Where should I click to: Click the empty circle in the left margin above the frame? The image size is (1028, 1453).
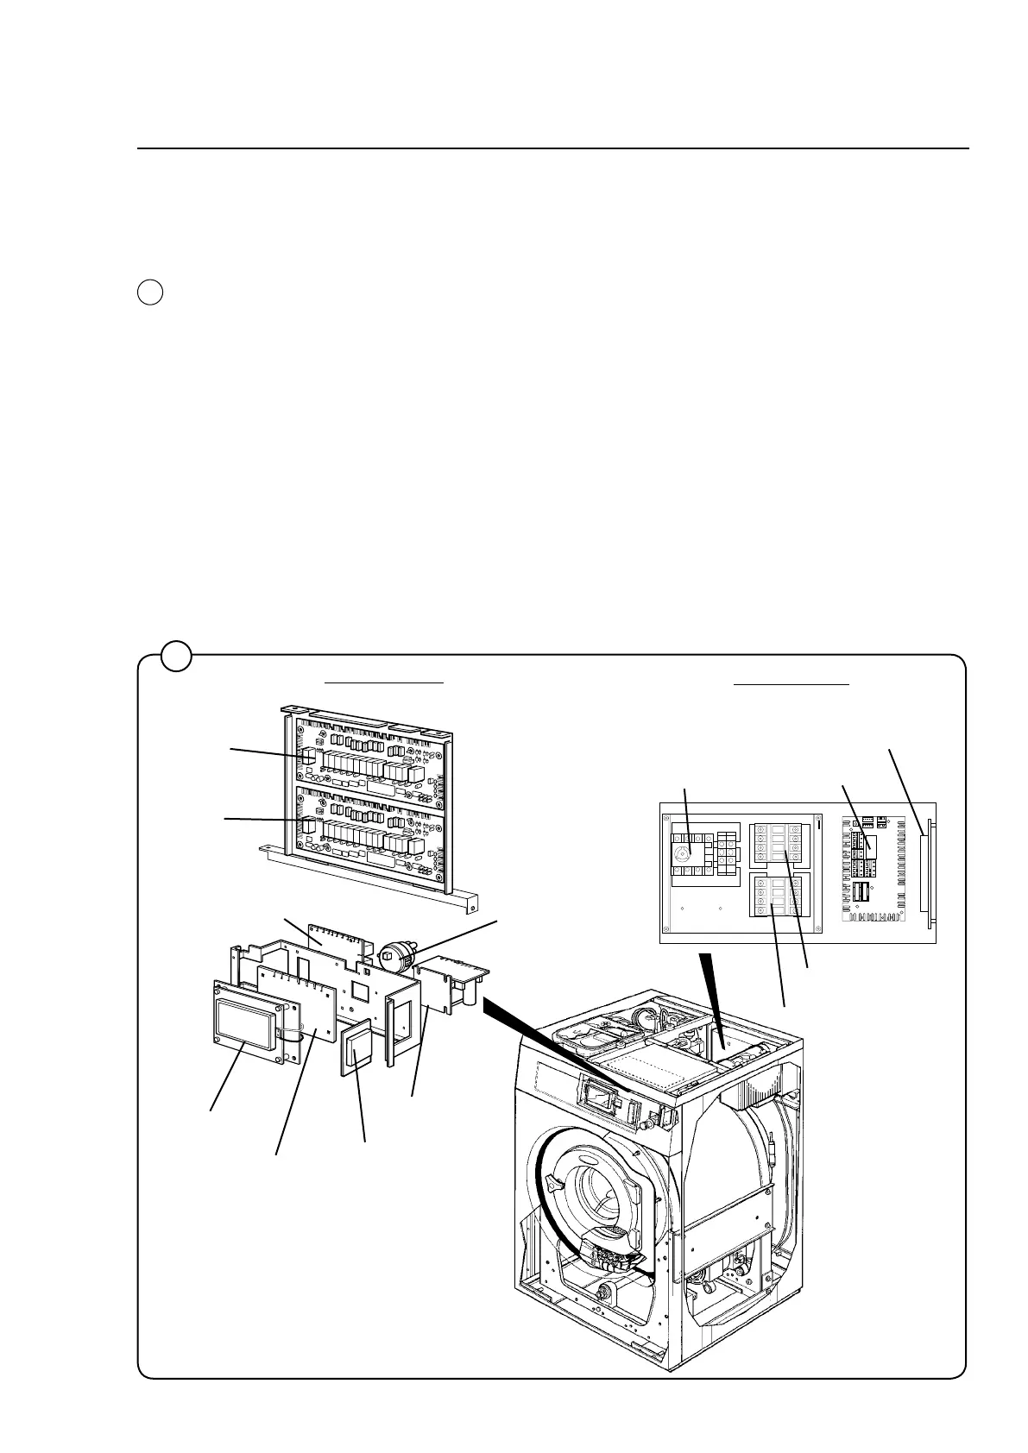coord(149,292)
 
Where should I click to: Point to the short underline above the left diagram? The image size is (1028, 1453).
coord(384,682)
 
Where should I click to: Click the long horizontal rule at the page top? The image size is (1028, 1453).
coord(552,148)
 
